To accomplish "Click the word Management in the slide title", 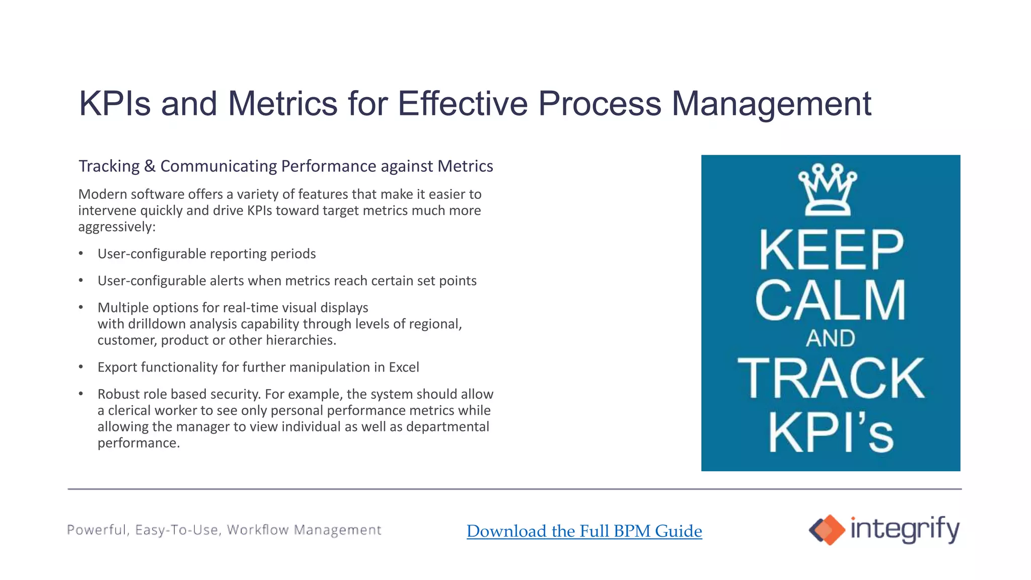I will point(771,104).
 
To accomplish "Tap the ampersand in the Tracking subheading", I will point(150,166).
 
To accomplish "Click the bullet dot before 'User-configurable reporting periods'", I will point(81,253).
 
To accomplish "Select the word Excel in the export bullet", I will point(404,367).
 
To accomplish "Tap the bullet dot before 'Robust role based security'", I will point(81,394).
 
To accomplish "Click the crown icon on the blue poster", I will point(828,190).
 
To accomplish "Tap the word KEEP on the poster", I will point(831,250).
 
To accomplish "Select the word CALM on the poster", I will point(831,301).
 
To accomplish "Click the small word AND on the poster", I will point(831,338).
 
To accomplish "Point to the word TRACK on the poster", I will point(831,379).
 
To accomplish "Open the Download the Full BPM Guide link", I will point(584,531).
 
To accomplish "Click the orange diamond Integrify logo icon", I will point(827,530).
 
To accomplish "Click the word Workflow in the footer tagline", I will point(258,530).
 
